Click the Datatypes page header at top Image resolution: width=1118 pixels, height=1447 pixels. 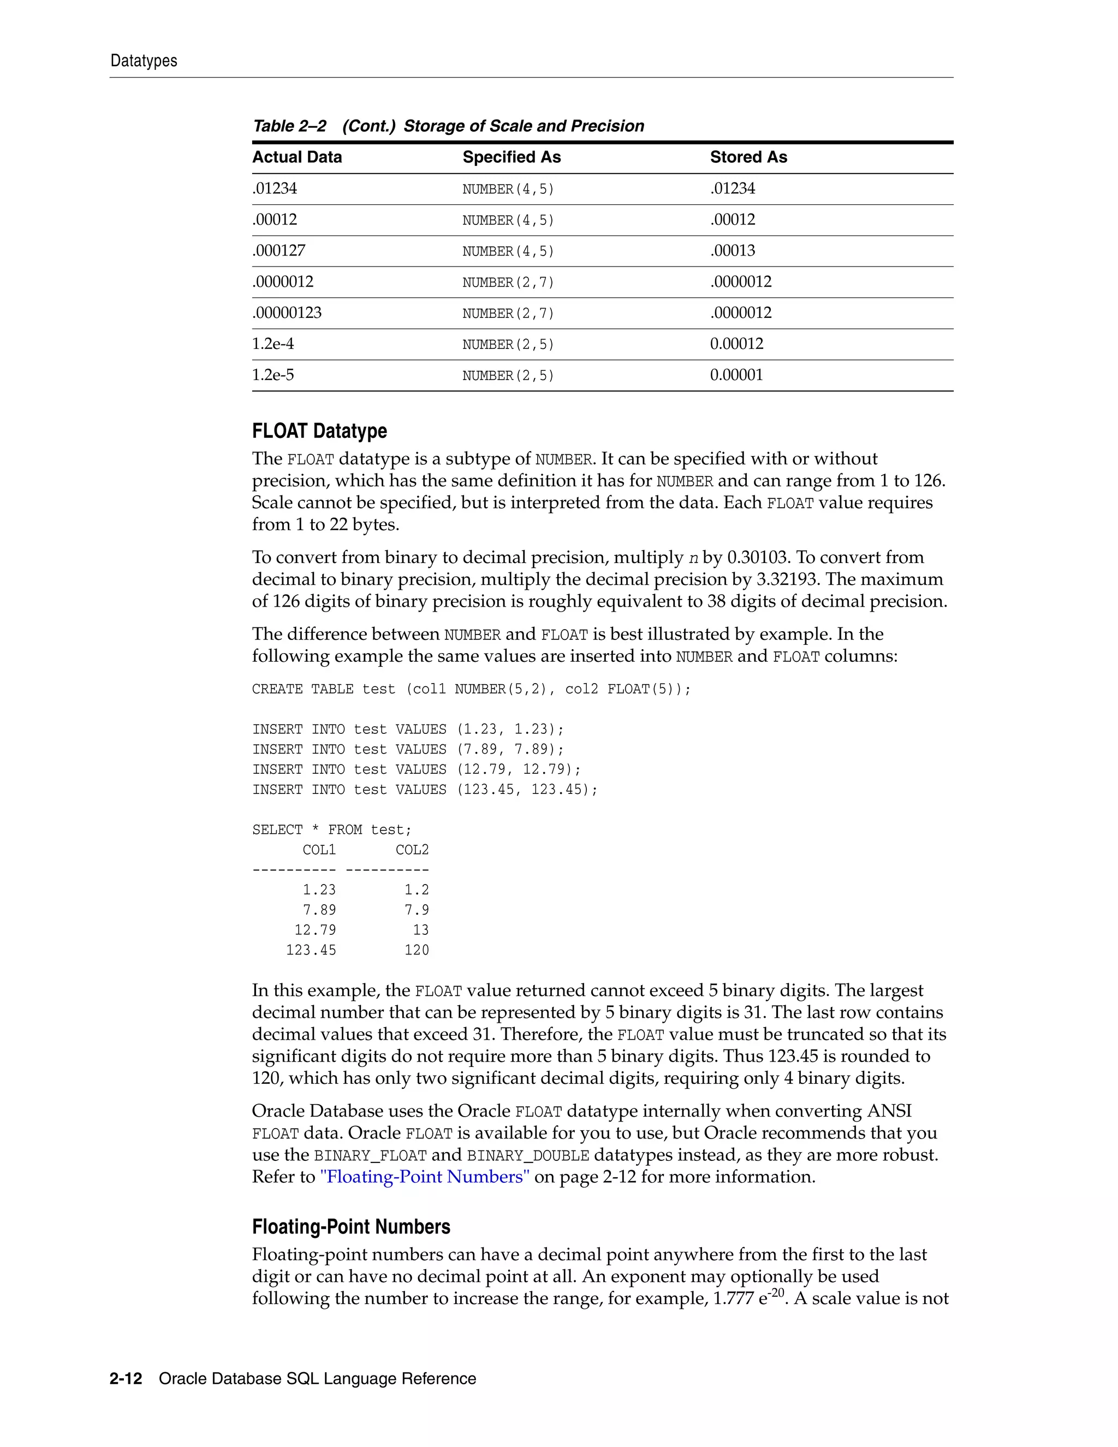pos(144,61)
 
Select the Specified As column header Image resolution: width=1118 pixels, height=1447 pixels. pos(512,157)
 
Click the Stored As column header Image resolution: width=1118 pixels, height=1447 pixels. pos(748,157)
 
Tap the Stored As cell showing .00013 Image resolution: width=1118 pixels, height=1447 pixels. pos(733,251)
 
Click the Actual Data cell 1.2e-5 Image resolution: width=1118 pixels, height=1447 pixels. pos(273,375)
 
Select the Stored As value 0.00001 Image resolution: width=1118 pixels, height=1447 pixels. pos(736,375)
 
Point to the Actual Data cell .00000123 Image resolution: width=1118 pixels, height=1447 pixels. pos(287,313)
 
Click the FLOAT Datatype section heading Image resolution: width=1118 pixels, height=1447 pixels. pos(319,431)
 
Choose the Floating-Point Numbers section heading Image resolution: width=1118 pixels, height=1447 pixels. pos(351,1226)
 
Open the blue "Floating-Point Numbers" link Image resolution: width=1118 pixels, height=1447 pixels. pos(425,1177)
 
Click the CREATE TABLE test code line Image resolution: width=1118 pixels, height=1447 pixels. pos(471,689)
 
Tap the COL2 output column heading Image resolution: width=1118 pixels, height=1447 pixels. pos(412,850)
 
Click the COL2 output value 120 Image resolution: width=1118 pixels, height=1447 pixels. pos(417,950)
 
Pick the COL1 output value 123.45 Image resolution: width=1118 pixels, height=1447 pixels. pos(311,950)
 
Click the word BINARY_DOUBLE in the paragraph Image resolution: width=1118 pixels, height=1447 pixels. pos(528,1155)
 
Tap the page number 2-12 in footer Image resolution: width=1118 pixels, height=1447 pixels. pos(126,1379)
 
